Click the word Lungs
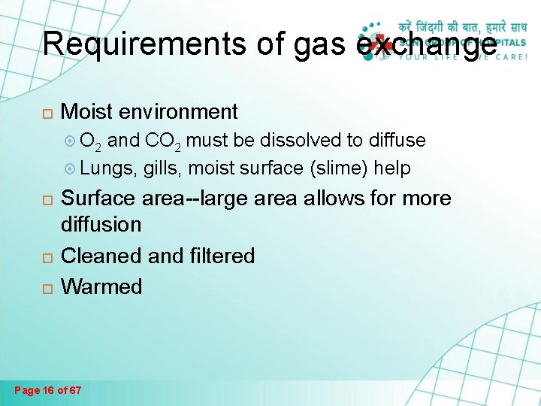(x=107, y=168)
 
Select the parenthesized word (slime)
(x=338, y=168)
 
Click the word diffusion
(x=101, y=224)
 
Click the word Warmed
(x=101, y=286)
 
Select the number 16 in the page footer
(x=51, y=390)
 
